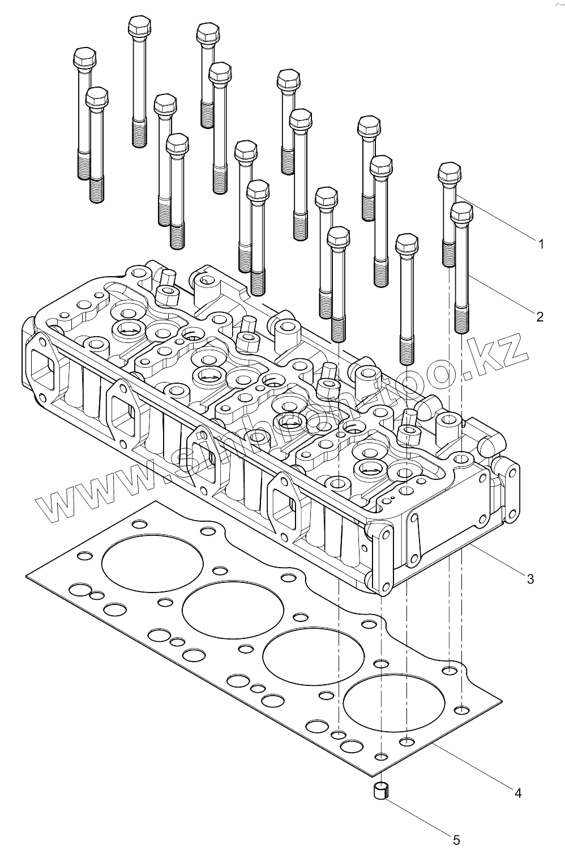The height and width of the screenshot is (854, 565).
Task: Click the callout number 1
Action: point(541,244)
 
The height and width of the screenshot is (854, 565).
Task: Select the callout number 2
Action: point(540,316)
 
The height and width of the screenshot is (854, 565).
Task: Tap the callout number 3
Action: point(530,578)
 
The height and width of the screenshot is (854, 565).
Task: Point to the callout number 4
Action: point(517,793)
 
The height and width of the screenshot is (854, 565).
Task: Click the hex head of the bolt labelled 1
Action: point(450,170)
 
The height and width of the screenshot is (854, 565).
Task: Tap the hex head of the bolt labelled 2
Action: point(461,212)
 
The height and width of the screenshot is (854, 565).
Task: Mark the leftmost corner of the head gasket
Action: point(27,577)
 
